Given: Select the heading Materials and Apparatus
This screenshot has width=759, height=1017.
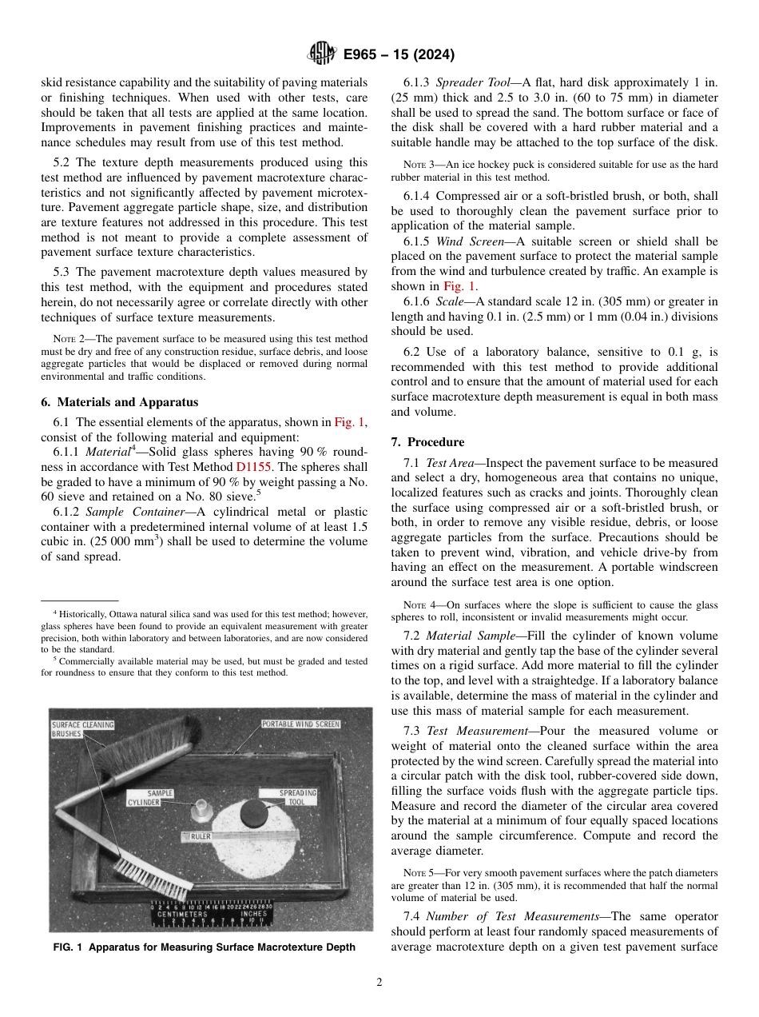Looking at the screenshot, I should pos(120,402).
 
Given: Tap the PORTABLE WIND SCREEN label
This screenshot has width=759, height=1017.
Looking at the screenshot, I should pos(300,724).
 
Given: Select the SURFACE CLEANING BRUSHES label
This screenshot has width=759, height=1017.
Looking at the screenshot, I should pos(83,729).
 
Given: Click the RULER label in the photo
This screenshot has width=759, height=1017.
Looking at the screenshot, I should pos(200,836).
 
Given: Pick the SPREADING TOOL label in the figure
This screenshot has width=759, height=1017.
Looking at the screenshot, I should pos(297,797).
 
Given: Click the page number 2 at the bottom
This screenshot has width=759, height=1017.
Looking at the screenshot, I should pos(379,983).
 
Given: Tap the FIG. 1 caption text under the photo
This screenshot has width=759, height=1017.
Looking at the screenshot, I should pos(204,947).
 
